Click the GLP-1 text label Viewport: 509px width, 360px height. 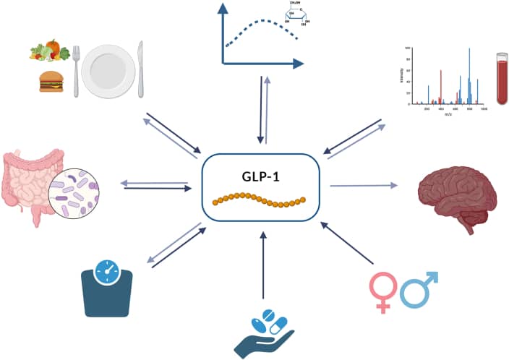click(260, 177)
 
